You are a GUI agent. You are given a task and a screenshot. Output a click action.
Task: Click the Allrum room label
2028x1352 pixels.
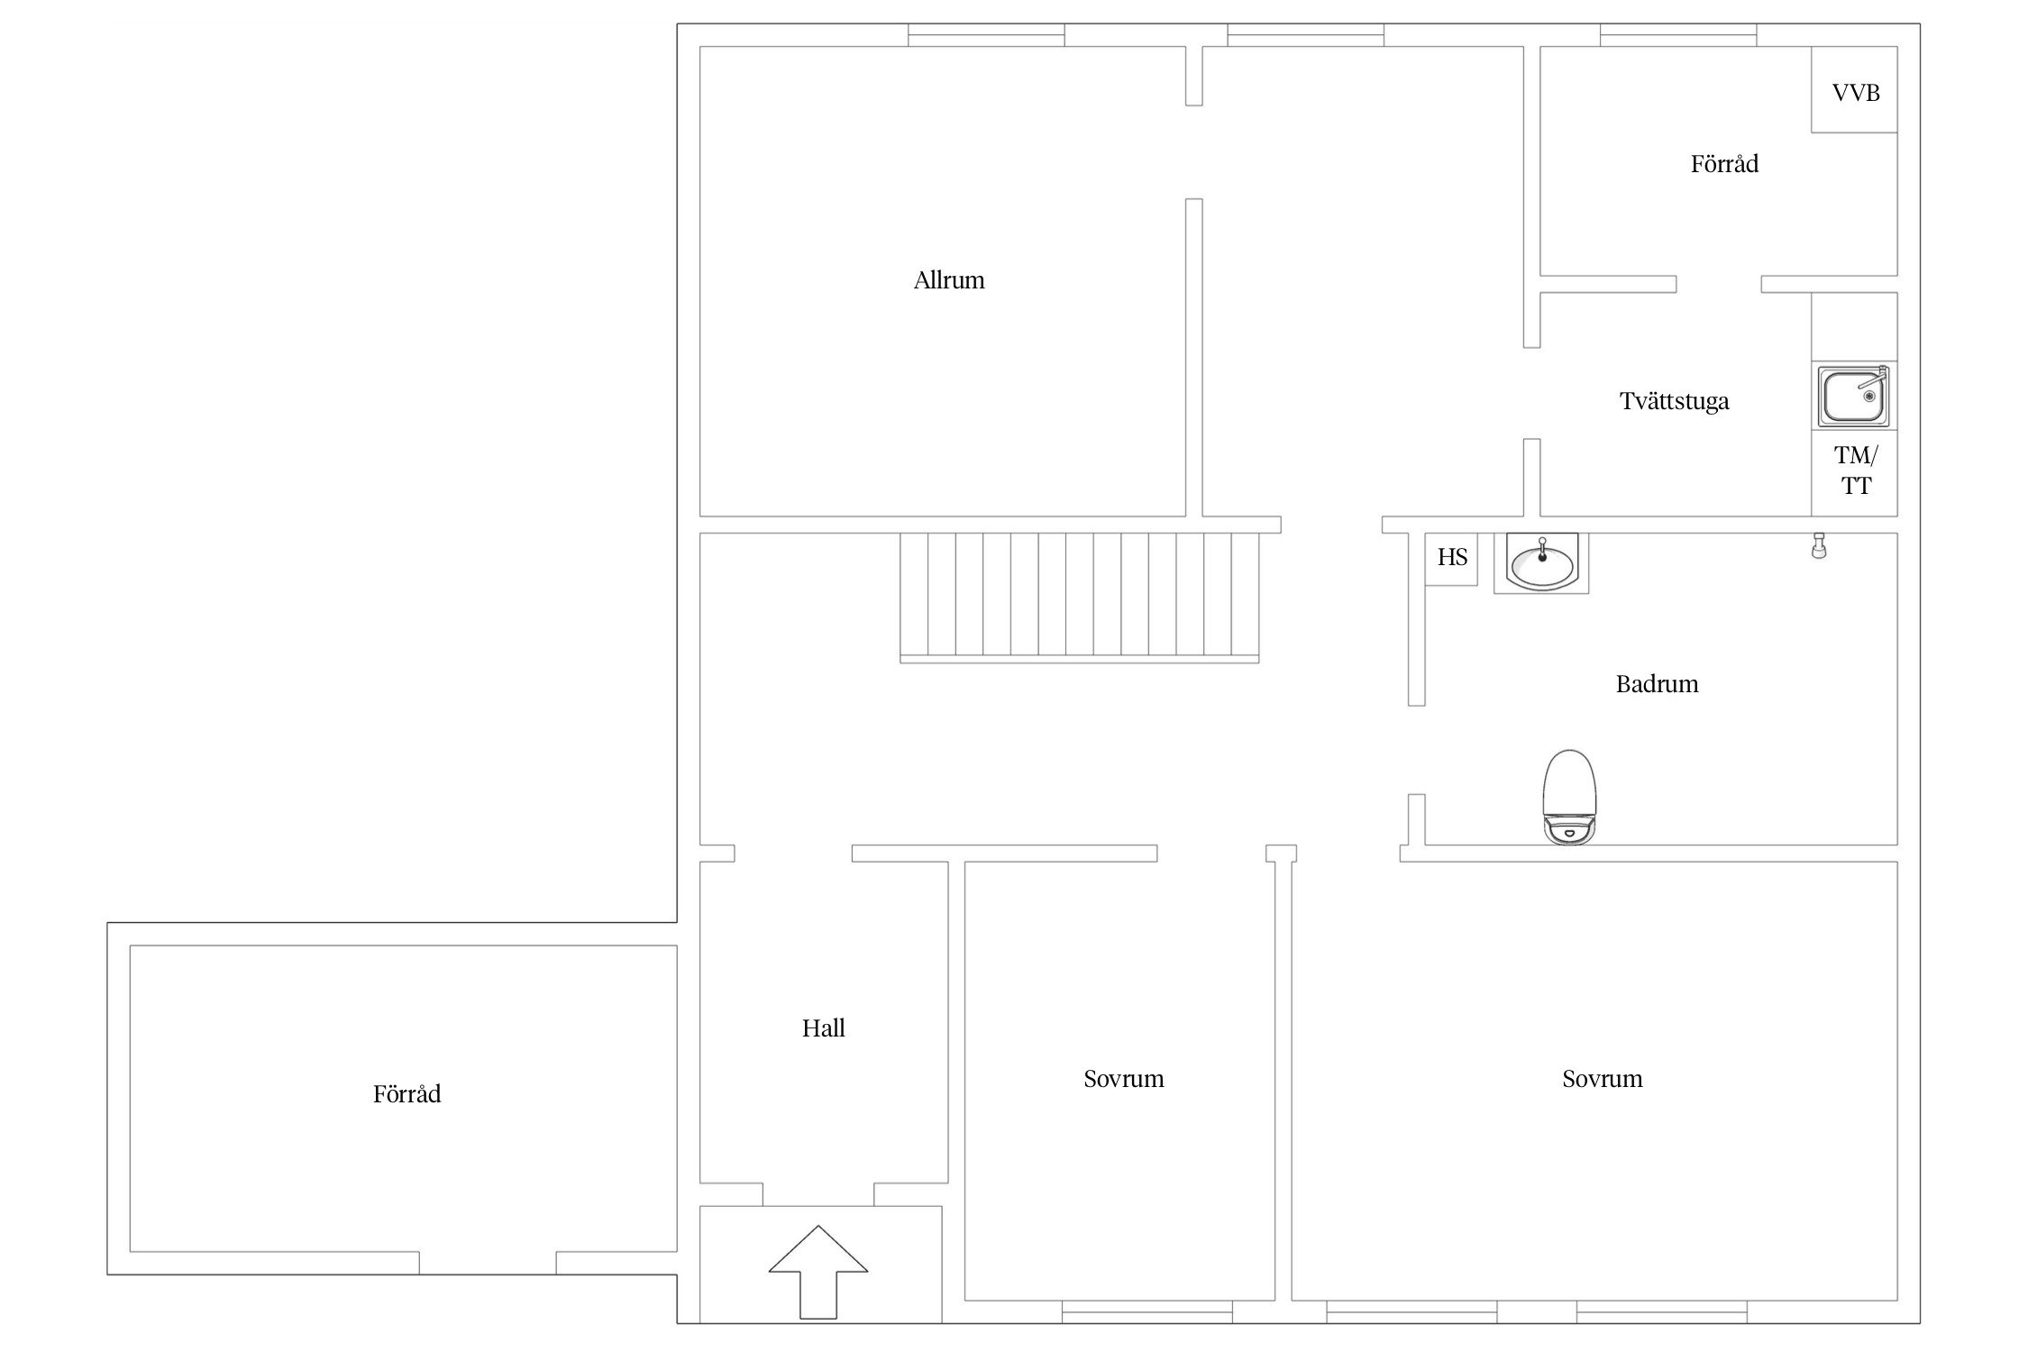pos(949,280)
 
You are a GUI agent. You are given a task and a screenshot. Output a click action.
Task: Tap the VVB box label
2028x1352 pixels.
pos(1856,93)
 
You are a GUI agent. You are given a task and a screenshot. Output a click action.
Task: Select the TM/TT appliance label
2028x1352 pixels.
pos(1856,470)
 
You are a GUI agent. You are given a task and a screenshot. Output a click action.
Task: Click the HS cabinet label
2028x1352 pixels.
pos(1452,558)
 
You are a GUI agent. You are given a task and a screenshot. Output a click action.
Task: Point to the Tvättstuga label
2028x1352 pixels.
pos(1674,401)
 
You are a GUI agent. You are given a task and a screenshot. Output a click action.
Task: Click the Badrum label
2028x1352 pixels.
pos(1657,684)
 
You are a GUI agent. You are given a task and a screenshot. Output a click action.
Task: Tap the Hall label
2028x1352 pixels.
pos(824,1028)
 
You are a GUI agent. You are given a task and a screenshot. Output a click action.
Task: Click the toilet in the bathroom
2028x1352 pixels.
pos(1569,797)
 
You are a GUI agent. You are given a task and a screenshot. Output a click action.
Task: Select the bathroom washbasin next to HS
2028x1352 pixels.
pos(1541,562)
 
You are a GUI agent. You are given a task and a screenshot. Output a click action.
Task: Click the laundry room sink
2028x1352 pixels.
pos(1854,395)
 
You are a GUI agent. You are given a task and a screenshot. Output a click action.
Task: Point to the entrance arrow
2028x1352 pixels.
pos(818,1272)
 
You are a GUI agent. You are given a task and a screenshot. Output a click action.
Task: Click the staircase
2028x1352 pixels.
pos(1080,598)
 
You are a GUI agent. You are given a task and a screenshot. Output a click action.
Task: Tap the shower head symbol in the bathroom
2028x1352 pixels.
pos(1819,546)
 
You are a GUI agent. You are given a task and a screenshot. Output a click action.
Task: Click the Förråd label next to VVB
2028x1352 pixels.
pos(1724,164)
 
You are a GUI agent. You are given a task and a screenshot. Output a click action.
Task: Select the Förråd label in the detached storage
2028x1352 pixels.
pos(407,1094)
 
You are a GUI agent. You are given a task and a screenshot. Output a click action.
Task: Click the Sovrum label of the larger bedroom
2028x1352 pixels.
pos(1602,1079)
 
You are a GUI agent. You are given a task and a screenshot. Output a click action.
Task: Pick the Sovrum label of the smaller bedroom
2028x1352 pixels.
pos(1123,1079)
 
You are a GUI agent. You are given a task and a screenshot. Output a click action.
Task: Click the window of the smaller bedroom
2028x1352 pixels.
pos(1147,1311)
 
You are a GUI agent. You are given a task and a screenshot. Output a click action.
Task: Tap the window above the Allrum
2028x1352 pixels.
pos(986,35)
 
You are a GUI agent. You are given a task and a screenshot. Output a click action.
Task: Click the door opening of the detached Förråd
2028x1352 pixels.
pos(488,1263)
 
